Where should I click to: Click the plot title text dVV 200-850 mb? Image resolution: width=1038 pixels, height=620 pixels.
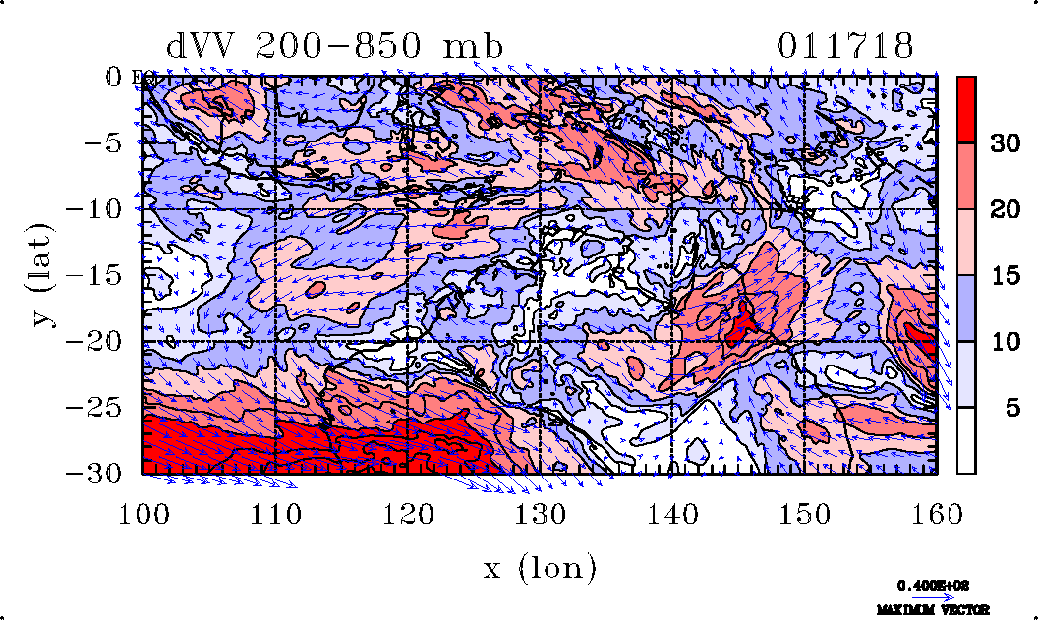334,46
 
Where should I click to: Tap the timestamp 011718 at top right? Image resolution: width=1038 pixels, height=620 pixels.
846,46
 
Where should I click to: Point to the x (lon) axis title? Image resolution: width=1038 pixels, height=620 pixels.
539,567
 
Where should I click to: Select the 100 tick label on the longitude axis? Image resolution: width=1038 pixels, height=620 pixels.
144,512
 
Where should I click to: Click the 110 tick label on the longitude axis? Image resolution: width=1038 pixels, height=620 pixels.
275,512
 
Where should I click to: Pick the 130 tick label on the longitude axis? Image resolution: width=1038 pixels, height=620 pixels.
540,512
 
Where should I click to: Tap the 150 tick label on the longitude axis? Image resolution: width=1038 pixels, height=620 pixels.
803,512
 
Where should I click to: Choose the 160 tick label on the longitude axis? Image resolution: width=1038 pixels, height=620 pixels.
935,512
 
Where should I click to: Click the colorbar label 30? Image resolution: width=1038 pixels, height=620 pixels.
1005,143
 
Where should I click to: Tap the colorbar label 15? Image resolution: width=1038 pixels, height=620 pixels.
1005,275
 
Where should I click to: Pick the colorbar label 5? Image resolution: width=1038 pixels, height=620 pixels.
1005,407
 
